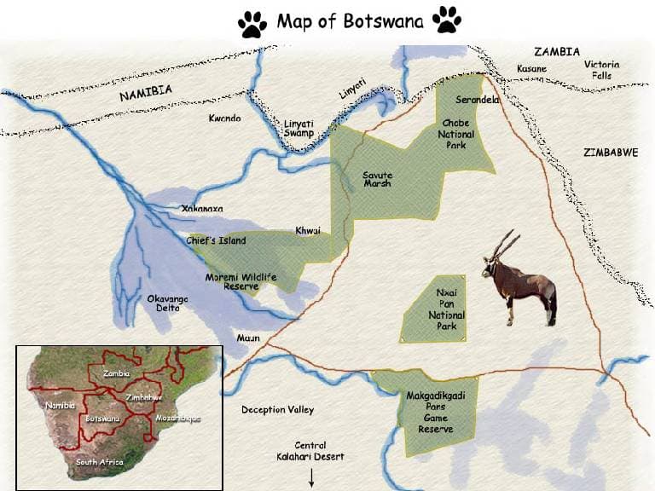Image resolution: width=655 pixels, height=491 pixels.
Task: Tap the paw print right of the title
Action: [446, 20]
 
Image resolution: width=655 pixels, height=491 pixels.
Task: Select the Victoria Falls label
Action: [602, 70]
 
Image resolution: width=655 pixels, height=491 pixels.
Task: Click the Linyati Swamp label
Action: [299, 128]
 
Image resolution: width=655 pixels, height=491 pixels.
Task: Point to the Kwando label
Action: [225, 118]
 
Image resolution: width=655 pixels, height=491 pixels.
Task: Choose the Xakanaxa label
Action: [202, 208]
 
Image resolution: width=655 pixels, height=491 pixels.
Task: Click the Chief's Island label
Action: [216, 241]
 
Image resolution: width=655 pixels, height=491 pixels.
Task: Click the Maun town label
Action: [248, 338]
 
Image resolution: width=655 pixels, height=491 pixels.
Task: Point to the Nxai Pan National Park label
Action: [447, 309]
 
